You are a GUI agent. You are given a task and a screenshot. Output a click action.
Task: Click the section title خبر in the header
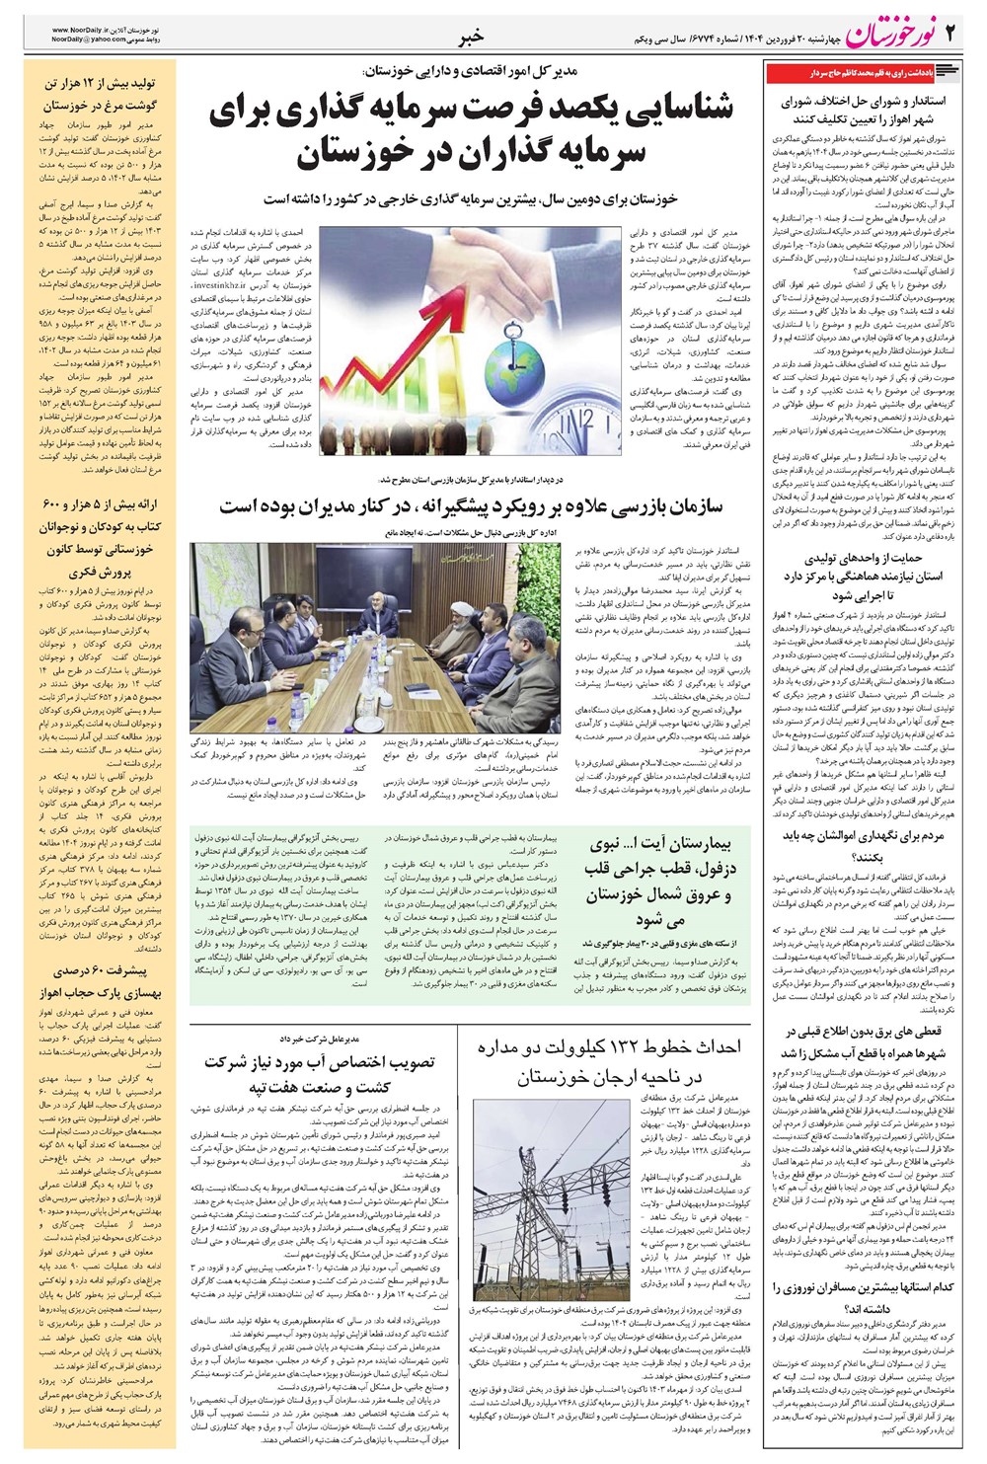pos(471,38)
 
